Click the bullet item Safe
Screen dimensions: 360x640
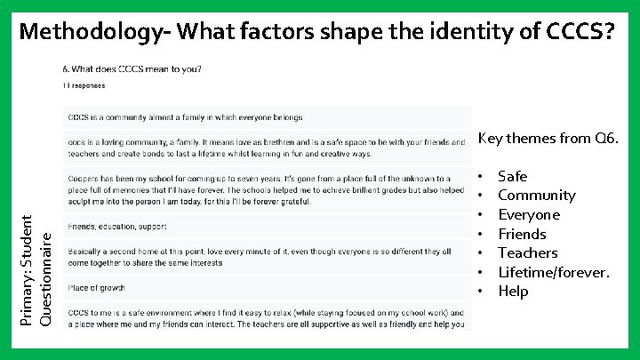pyautogui.click(x=512, y=176)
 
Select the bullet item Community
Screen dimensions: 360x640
pyautogui.click(x=536, y=195)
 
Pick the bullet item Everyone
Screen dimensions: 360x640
pyautogui.click(x=529, y=214)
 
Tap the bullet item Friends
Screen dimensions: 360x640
pyautogui.click(x=522, y=234)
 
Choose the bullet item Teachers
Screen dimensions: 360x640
pyautogui.click(x=528, y=253)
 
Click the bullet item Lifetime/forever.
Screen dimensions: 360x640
pyautogui.click(x=554, y=272)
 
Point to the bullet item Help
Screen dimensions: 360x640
pyautogui.click(x=513, y=292)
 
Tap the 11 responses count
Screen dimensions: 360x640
pyautogui.click(x=84, y=86)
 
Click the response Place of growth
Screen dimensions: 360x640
pyautogui.click(x=97, y=288)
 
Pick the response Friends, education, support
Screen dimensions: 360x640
pyautogui.click(x=117, y=227)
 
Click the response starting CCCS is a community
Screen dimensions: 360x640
pyautogui.click(x=185, y=117)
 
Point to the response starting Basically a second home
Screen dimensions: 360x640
pyautogui.click(x=258, y=257)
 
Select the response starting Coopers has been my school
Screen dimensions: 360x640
pyautogui.click(x=258, y=190)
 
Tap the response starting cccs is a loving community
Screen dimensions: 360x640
pyautogui.click(x=265, y=147)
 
